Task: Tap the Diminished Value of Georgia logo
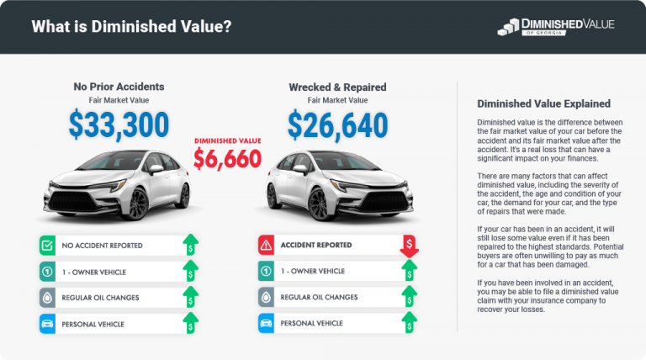pyautogui.click(x=556, y=27)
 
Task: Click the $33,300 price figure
pyautogui.click(x=118, y=124)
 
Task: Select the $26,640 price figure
pyautogui.click(x=337, y=124)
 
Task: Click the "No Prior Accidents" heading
pyautogui.click(x=118, y=87)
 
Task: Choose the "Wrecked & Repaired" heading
pyautogui.click(x=337, y=87)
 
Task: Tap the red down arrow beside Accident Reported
pyautogui.click(x=410, y=246)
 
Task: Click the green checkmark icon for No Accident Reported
pyautogui.click(x=48, y=246)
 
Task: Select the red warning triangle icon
pyautogui.click(x=267, y=246)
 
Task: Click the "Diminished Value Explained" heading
pyautogui.click(x=543, y=104)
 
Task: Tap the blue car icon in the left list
pyautogui.click(x=48, y=322)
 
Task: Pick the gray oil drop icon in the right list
pyautogui.click(x=267, y=297)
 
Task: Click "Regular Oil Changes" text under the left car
pyautogui.click(x=100, y=297)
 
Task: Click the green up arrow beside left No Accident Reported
pyautogui.click(x=191, y=246)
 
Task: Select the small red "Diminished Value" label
pyautogui.click(x=227, y=140)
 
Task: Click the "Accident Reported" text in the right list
pyautogui.click(x=317, y=246)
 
